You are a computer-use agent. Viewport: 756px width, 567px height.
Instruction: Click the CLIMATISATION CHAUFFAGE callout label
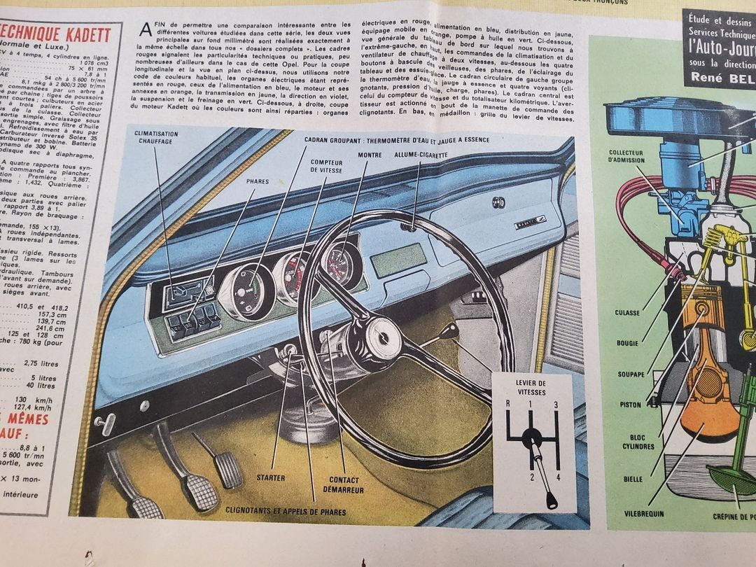pyautogui.click(x=156, y=138)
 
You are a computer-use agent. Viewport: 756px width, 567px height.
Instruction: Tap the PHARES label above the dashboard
pyautogui.click(x=257, y=181)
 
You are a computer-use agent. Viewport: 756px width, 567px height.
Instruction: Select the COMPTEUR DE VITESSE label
pyautogui.click(x=326, y=166)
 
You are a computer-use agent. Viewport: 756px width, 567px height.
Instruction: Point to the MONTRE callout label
pyautogui.click(x=369, y=155)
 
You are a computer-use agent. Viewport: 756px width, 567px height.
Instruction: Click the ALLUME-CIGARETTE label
pyautogui.click(x=420, y=155)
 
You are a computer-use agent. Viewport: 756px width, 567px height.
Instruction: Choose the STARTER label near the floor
pyautogui.click(x=270, y=478)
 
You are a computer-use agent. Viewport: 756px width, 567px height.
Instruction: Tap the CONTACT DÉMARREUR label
pyautogui.click(x=344, y=484)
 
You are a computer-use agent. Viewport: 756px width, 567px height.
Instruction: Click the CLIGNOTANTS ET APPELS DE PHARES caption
pyautogui.click(x=286, y=512)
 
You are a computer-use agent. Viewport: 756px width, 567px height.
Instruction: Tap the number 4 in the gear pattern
pyautogui.click(x=558, y=477)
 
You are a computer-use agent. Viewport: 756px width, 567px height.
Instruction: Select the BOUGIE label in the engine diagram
pyautogui.click(x=628, y=344)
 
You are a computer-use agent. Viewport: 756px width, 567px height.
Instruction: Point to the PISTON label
pyautogui.click(x=630, y=405)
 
